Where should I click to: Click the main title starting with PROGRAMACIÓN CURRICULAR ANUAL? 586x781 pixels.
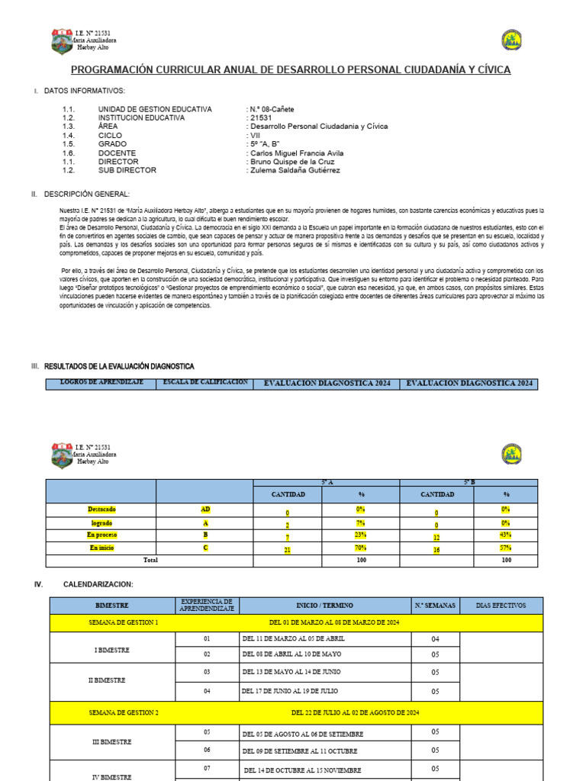point(291,70)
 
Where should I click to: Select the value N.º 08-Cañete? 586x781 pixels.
point(271,110)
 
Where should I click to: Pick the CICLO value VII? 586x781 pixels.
point(256,136)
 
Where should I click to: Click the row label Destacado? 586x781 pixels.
point(101,509)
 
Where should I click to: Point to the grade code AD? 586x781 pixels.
point(204,509)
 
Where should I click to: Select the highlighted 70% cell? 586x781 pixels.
point(361,548)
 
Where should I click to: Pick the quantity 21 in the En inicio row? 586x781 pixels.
point(288,548)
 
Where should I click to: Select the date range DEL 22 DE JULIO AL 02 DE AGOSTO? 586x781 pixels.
point(356,712)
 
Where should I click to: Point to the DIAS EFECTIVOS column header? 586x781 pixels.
point(501,606)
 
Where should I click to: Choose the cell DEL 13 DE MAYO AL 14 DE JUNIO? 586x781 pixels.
point(291,672)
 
